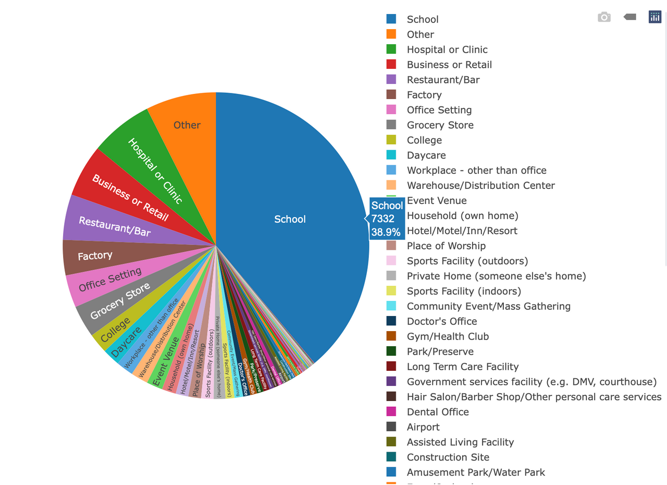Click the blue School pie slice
pyautogui.click(x=290, y=219)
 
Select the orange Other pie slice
pyautogui.click(x=187, y=125)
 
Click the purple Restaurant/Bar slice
pyautogui.click(x=114, y=226)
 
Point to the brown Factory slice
pyautogui.click(x=95, y=256)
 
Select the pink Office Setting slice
pyautogui.click(x=110, y=280)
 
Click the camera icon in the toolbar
pyautogui.click(x=604, y=17)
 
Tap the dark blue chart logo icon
pyautogui.click(x=654, y=17)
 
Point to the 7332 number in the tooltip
pyautogui.click(x=383, y=219)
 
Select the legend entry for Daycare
pyautogui.click(x=426, y=155)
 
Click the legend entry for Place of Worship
pyautogui.click(x=446, y=246)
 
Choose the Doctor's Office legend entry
pyautogui.click(x=442, y=322)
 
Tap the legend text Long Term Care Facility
pyautogui.click(x=463, y=367)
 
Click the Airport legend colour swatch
pyautogui.click(x=391, y=427)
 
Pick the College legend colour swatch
pyautogui.click(x=391, y=140)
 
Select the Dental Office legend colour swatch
pyautogui.click(x=391, y=412)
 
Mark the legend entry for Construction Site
pyautogui.click(x=448, y=457)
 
